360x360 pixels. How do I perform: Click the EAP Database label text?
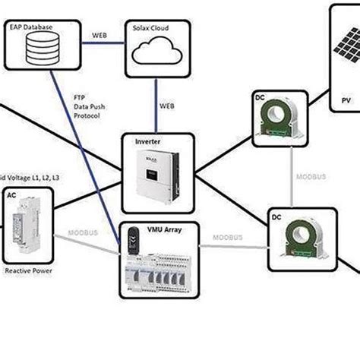pyautogui.click(x=31, y=27)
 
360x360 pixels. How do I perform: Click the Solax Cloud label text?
pyautogui.click(x=152, y=28)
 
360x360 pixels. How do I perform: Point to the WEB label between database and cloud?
pyautogui.click(x=99, y=36)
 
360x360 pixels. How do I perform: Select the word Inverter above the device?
pyautogui.click(x=147, y=141)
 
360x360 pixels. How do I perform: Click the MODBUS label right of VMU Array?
pyautogui.click(x=227, y=238)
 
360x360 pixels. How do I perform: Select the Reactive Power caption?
pyautogui.click(x=28, y=270)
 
